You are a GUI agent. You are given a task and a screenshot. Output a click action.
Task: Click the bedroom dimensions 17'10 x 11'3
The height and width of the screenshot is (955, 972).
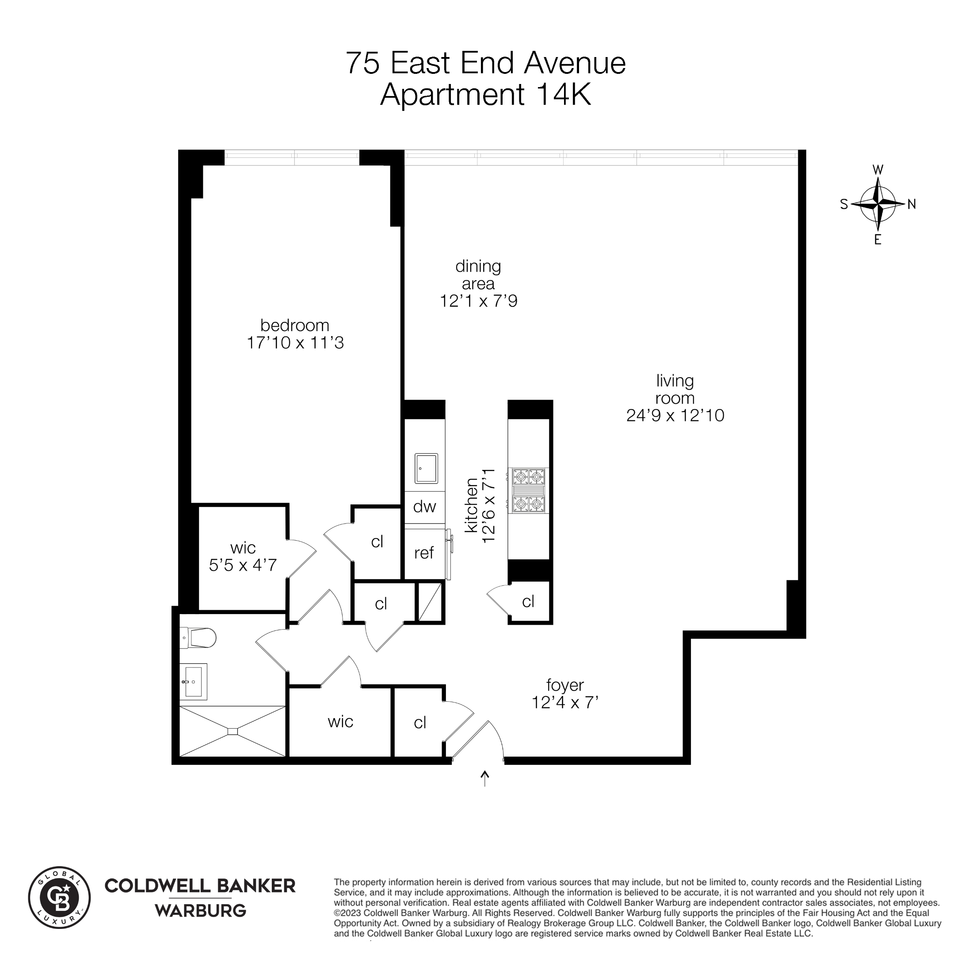(295, 343)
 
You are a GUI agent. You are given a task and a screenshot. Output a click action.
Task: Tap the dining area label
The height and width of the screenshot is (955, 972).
(478, 275)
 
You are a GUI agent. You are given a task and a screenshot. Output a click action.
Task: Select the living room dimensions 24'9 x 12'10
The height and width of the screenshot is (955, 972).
(675, 416)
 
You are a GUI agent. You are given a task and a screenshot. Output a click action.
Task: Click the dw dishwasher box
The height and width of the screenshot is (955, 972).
(424, 507)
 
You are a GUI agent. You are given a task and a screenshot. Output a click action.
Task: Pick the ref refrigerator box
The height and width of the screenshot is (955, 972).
(424, 553)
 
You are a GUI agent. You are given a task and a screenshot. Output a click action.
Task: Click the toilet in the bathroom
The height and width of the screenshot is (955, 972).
(198, 638)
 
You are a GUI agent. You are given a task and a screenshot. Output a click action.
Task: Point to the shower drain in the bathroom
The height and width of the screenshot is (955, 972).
(232, 731)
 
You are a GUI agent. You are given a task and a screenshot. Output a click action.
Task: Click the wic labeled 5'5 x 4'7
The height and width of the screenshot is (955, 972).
(243, 557)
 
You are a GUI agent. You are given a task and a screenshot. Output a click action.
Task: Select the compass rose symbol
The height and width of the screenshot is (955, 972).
(878, 204)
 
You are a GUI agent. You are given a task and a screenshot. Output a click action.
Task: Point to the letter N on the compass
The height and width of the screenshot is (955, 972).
(912, 204)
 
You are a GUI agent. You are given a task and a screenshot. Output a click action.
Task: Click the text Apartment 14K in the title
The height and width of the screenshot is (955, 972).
(485, 94)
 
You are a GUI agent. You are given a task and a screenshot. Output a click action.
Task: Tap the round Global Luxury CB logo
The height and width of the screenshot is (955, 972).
(59, 898)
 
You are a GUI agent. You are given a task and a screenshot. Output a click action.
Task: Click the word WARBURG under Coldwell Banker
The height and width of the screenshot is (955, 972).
(200, 910)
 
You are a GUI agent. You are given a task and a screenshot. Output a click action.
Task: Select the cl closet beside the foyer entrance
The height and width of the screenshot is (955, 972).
(420, 723)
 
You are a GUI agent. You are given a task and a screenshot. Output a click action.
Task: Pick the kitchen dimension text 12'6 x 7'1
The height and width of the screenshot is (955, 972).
(488, 506)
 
